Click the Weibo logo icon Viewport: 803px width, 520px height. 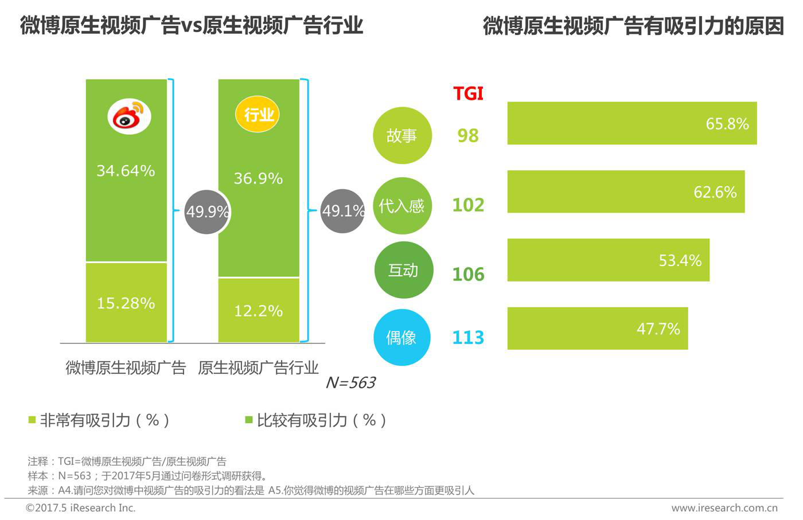pos(129,116)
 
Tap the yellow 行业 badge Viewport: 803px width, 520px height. pos(258,114)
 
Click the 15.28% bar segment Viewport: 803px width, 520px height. pos(126,303)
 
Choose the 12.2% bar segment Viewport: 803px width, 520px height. pos(259,310)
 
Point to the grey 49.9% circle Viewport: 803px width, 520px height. pos(207,212)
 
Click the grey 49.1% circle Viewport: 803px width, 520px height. pos(342,211)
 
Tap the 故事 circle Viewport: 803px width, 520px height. pos(402,136)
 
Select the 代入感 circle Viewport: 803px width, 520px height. pos(402,206)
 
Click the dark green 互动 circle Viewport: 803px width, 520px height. pos(403,270)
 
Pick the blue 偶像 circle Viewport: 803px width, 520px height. pos(402,338)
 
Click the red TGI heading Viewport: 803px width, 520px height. pos(468,93)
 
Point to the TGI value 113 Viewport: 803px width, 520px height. pos(468,338)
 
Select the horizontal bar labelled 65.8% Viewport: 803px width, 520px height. pos(632,123)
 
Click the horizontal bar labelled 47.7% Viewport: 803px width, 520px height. pos(597,329)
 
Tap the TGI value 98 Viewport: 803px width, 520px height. pos(468,136)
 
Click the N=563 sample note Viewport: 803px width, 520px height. pos(350,382)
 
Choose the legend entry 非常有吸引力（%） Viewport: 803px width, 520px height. pos(100,420)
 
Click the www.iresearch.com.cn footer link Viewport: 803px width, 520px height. pos(724,508)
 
